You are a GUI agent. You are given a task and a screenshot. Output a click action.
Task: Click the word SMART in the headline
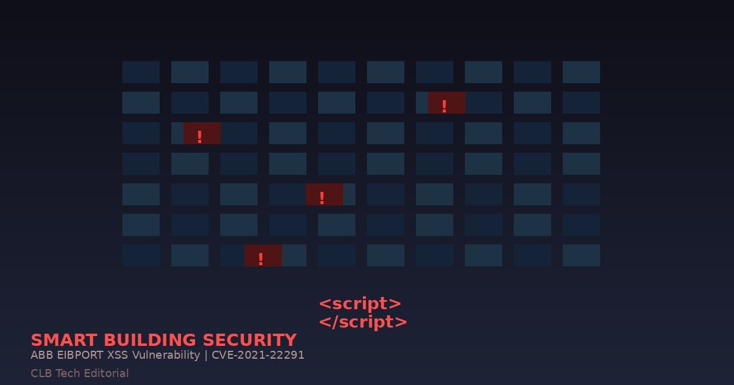pyautogui.click(x=64, y=340)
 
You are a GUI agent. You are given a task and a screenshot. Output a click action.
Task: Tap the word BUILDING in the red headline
pyautogui.click(x=150, y=340)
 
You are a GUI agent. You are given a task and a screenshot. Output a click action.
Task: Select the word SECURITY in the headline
pyautogui.click(x=250, y=340)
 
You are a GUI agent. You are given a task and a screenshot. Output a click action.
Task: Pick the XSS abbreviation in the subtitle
pyautogui.click(x=117, y=355)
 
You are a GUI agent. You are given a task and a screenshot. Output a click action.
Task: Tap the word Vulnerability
pyautogui.click(x=166, y=355)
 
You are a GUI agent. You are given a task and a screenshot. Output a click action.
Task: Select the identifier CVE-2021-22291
pyautogui.click(x=258, y=355)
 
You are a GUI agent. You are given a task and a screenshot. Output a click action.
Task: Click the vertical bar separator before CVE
pyautogui.click(x=206, y=356)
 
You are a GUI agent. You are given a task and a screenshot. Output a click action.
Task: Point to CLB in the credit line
pyautogui.click(x=42, y=373)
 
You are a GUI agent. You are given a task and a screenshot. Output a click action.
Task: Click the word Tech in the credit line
pyautogui.click(x=68, y=373)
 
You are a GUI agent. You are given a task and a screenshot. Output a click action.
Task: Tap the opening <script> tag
pyautogui.click(x=360, y=304)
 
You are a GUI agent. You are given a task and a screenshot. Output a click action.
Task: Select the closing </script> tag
pyautogui.click(x=363, y=322)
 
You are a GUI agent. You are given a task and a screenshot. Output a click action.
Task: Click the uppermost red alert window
pyautogui.click(x=447, y=103)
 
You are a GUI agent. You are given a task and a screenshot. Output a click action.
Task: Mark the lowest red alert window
pyautogui.click(x=263, y=255)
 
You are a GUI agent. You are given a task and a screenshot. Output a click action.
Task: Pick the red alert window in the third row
pyautogui.click(x=202, y=133)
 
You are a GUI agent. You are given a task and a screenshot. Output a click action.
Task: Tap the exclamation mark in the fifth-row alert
pyautogui.click(x=322, y=198)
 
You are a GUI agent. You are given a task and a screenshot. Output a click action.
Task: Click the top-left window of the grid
pyautogui.click(x=141, y=72)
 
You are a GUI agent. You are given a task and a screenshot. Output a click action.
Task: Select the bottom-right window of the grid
pyautogui.click(x=581, y=255)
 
